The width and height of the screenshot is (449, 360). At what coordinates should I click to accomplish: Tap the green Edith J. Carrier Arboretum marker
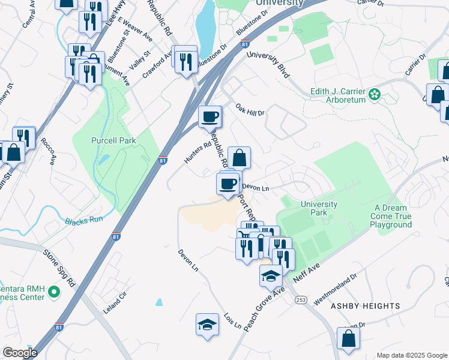click(375, 94)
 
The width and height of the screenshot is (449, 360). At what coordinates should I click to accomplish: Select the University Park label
click(319, 208)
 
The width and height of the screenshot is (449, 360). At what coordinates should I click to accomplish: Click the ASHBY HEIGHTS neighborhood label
click(365, 306)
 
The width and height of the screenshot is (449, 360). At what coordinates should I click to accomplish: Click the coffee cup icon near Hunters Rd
click(210, 116)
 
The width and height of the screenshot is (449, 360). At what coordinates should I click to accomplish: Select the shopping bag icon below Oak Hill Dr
click(239, 158)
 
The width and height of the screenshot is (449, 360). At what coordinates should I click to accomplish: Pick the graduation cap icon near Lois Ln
click(207, 325)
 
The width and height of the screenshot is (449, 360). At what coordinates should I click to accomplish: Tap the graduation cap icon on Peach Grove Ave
click(271, 275)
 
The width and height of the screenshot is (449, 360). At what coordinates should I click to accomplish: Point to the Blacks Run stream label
click(83, 220)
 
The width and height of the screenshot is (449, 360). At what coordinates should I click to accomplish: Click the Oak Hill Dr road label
click(250, 110)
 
